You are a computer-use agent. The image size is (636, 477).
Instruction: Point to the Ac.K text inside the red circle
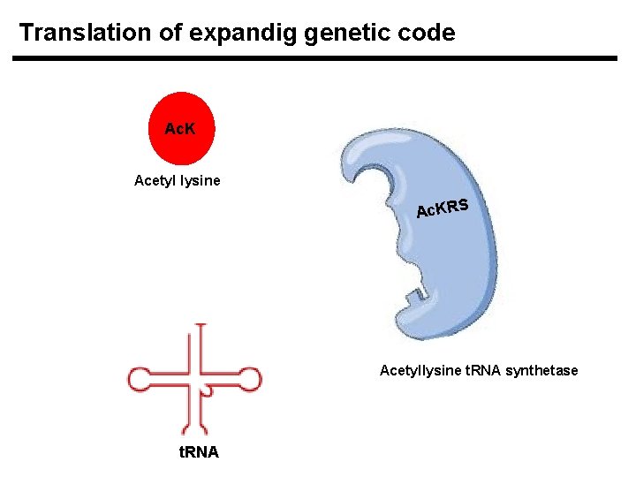(179, 129)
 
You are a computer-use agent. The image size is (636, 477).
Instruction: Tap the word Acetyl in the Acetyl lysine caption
(155, 181)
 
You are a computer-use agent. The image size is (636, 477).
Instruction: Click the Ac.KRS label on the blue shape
(442, 208)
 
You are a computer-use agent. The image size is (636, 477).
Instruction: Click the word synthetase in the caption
(541, 370)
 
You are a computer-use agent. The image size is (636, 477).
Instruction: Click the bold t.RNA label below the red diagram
(199, 452)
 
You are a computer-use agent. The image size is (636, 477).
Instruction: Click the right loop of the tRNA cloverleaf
(252, 380)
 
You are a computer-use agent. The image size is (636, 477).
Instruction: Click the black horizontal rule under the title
(314, 58)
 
